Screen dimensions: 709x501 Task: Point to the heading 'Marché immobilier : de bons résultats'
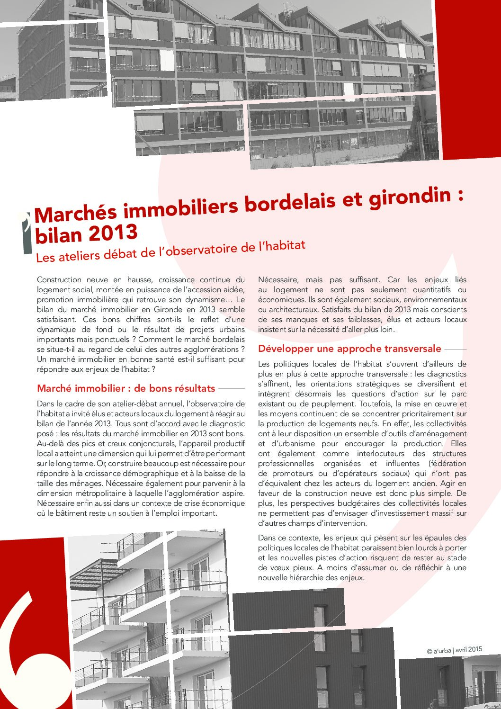(126, 388)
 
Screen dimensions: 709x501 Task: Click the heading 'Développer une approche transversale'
(349, 349)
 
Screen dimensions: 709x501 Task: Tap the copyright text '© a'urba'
(438, 651)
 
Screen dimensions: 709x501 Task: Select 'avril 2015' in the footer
(468, 649)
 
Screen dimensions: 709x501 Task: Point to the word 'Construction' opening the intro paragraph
(59, 280)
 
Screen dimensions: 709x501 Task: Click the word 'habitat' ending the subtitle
(287, 246)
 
